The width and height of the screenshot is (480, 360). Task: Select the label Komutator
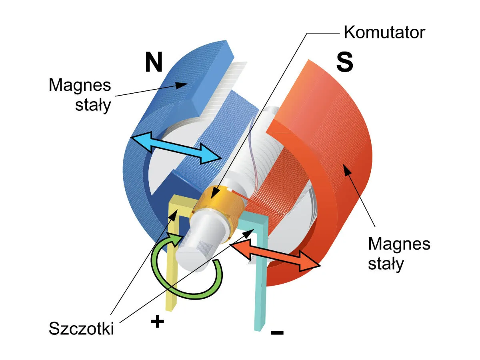[384, 32]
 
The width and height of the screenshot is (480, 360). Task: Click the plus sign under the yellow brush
[158, 321]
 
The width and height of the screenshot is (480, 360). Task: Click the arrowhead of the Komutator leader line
[215, 195]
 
